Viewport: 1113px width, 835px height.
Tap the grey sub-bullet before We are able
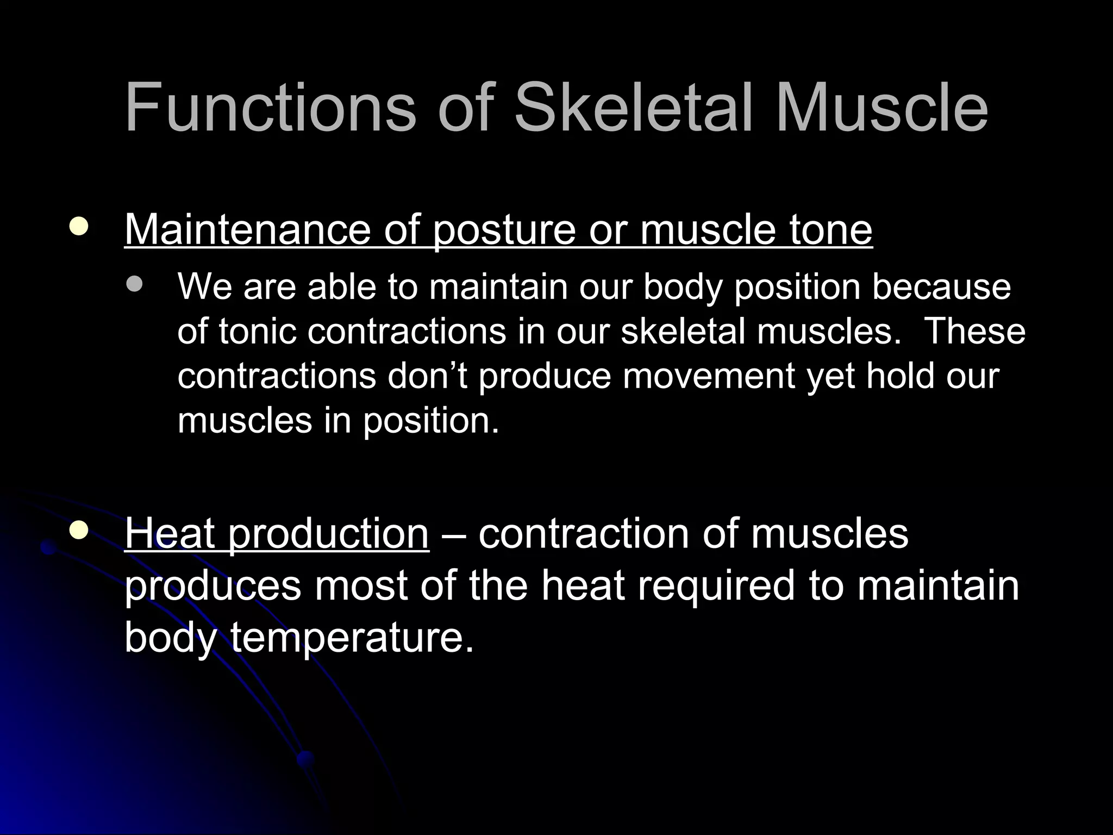click(x=134, y=284)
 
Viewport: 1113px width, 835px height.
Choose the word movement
click(x=709, y=376)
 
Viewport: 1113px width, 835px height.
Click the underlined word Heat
click(x=170, y=533)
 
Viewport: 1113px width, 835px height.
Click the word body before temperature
click(x=170, y=638)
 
